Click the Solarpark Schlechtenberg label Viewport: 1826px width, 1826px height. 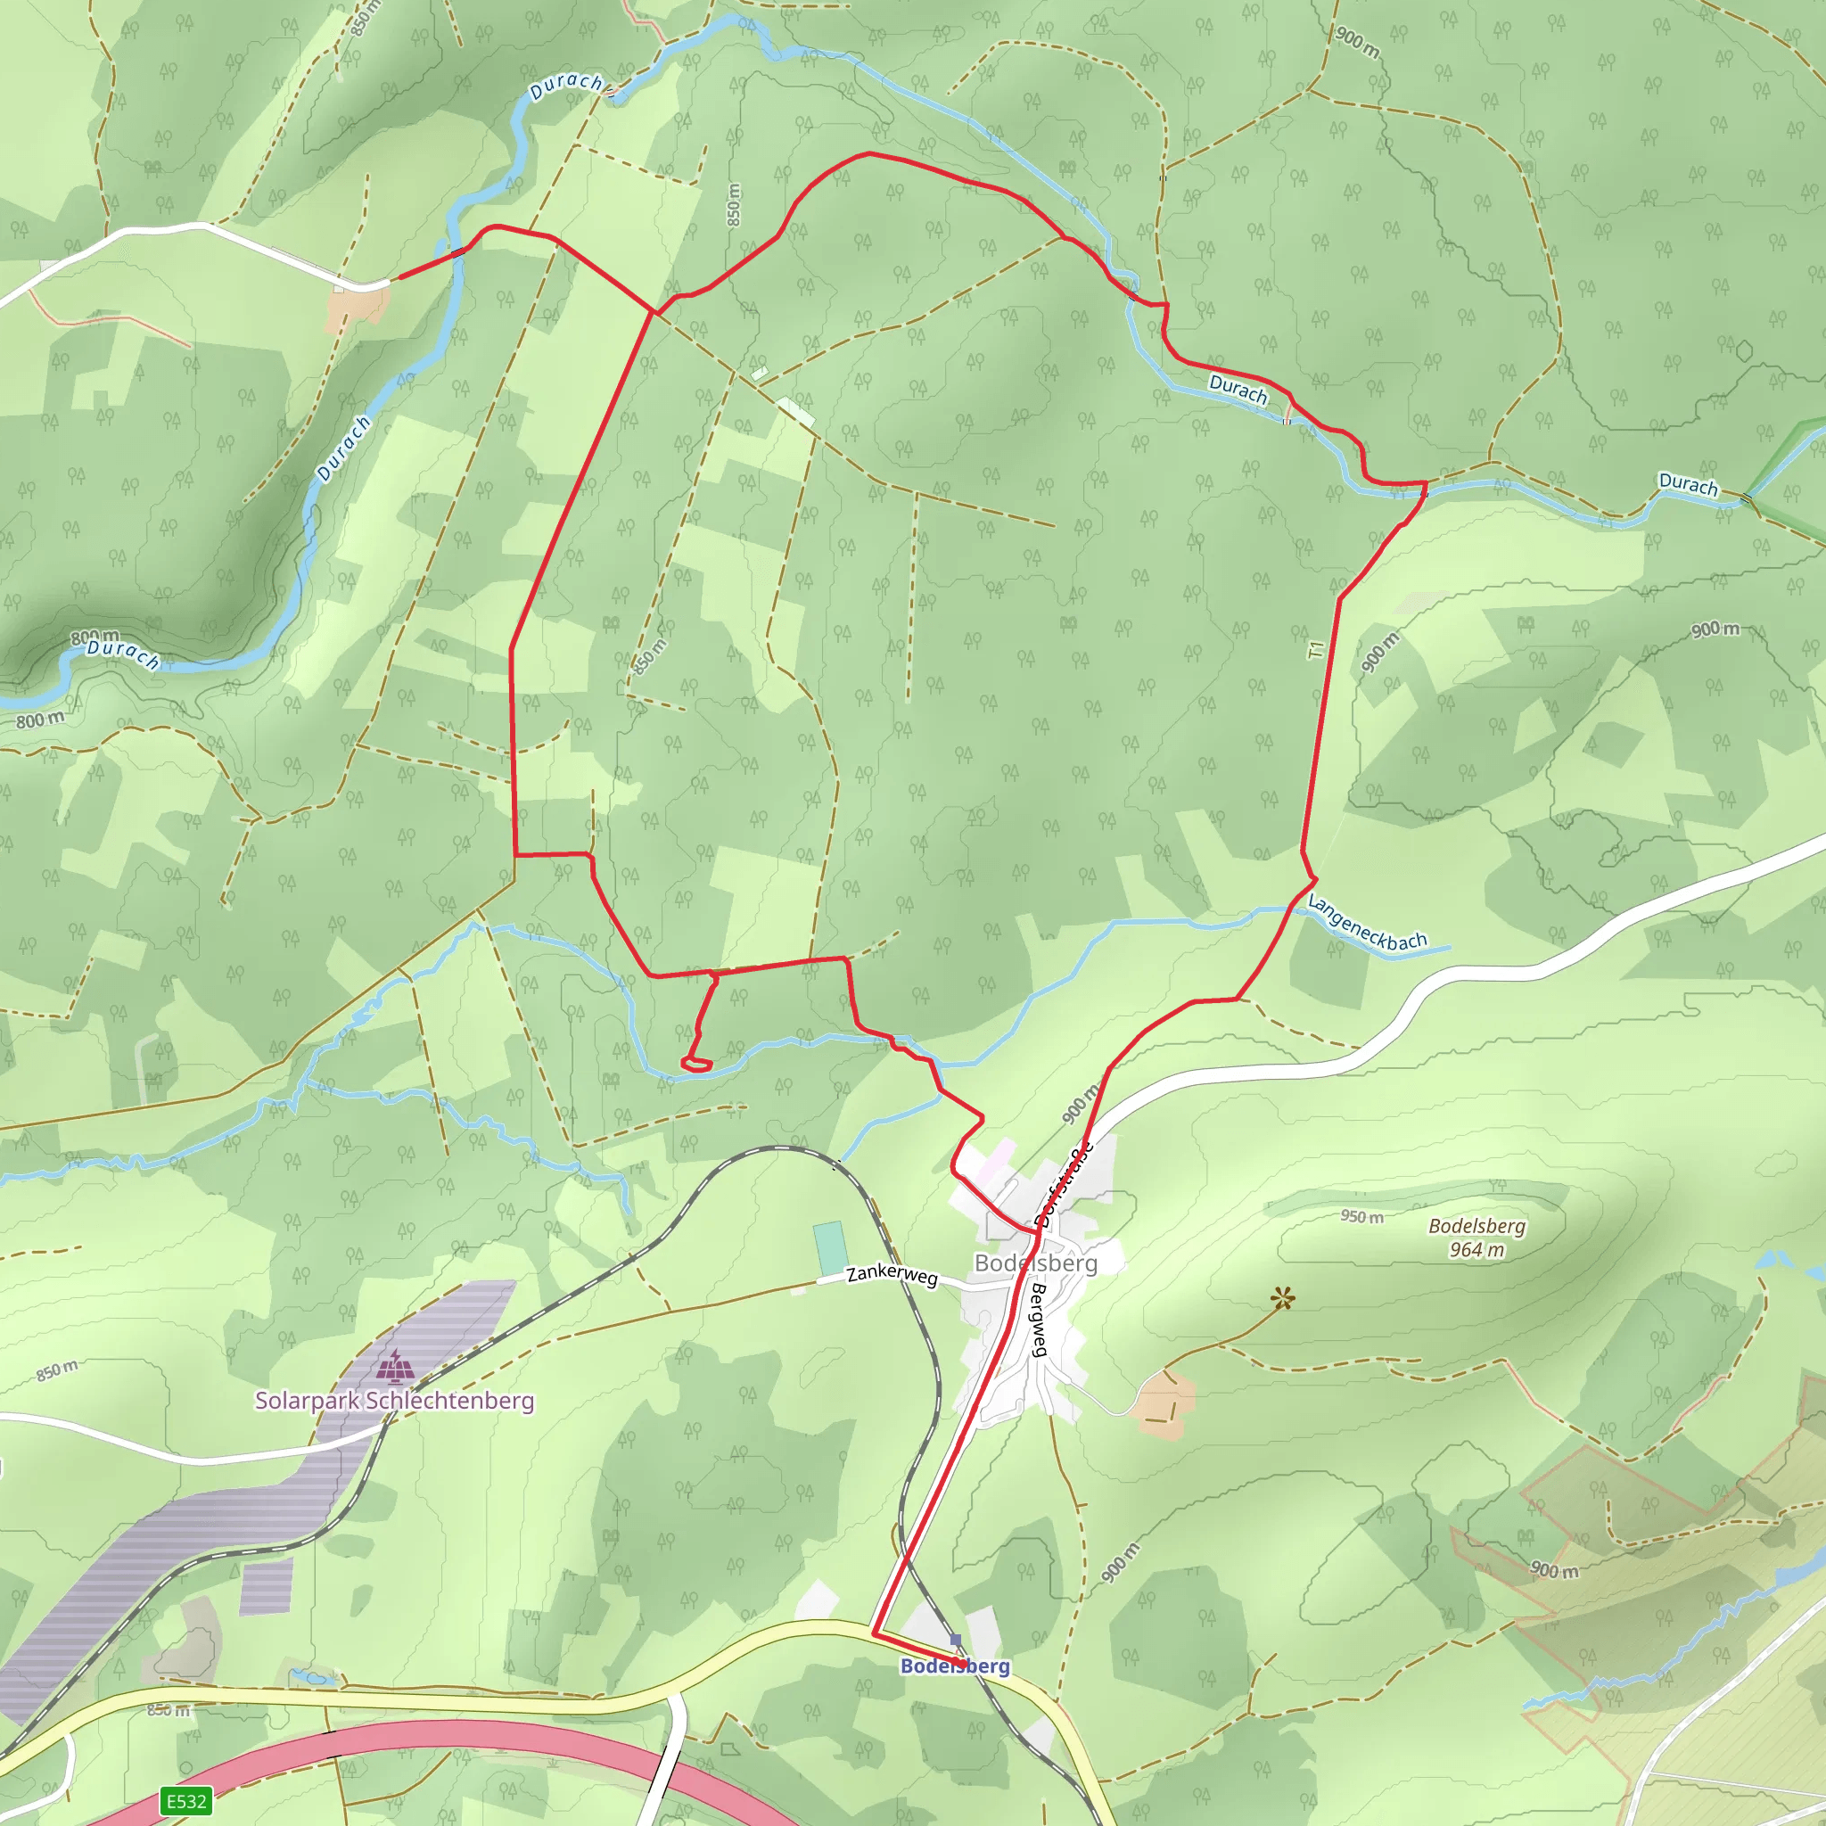394,1400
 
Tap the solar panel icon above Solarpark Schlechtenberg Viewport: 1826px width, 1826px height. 394,1366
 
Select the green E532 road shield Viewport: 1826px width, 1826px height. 186,1800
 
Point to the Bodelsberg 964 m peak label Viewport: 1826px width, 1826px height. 1476,1238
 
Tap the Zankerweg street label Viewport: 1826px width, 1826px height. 892,1275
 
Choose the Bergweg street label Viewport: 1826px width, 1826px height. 1039,1320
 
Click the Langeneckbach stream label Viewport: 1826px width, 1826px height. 1367,924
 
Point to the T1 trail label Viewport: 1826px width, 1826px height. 1317,650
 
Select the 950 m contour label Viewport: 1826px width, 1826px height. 1361,1216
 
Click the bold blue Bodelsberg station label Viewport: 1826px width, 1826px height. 955,1666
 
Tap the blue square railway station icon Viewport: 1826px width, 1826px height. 956,1640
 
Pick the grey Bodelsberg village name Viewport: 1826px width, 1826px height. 1036,1263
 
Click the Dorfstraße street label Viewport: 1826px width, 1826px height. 1065,1185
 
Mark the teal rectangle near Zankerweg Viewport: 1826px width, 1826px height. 829,1248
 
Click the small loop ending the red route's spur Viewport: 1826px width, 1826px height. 696,1065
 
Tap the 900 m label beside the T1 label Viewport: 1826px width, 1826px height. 1379,652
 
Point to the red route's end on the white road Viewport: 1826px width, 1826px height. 398,278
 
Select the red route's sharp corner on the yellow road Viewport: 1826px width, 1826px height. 873,1633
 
